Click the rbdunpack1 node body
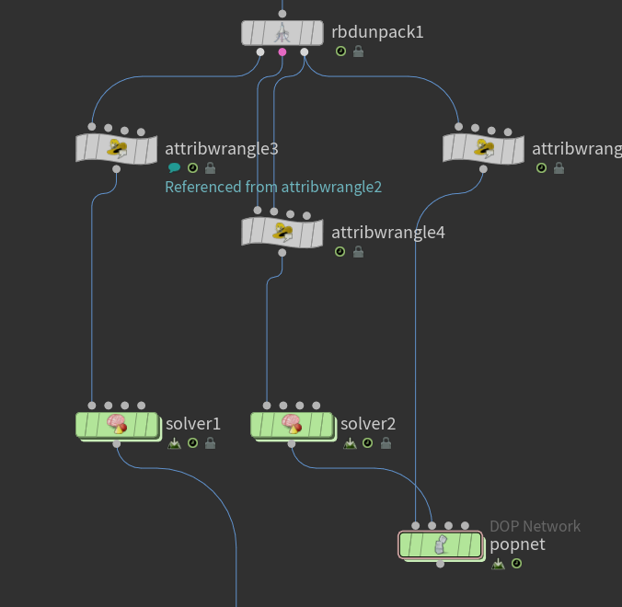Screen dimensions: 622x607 coord(282,33)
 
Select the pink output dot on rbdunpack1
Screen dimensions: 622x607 coord(282,52)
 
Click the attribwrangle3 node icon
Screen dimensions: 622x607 coord(117,149)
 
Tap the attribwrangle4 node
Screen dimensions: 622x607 coord(282,233)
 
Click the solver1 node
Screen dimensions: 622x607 coord(117,425)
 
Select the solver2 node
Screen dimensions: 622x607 coord(292,425)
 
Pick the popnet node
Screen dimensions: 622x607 coord(441,545)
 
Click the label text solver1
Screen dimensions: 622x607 coord(193,424)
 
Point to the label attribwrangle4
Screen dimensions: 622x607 coord(388,233)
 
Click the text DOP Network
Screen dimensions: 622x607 coord(535,526)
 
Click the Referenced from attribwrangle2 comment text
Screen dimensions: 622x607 coord(273,187)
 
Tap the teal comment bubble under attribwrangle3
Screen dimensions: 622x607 coord(174,168)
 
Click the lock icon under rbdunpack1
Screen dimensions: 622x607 coord(358,52)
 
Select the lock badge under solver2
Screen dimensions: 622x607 coord(386,443)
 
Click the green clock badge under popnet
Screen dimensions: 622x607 coord(516,564)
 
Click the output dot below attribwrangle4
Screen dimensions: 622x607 coord(282,253)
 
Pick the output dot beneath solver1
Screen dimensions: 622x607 coord(117,443)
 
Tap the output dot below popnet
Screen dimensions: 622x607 coord(441,564)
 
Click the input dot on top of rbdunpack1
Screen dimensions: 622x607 coord(282,14)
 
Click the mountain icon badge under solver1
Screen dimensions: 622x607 coord(174,443)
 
